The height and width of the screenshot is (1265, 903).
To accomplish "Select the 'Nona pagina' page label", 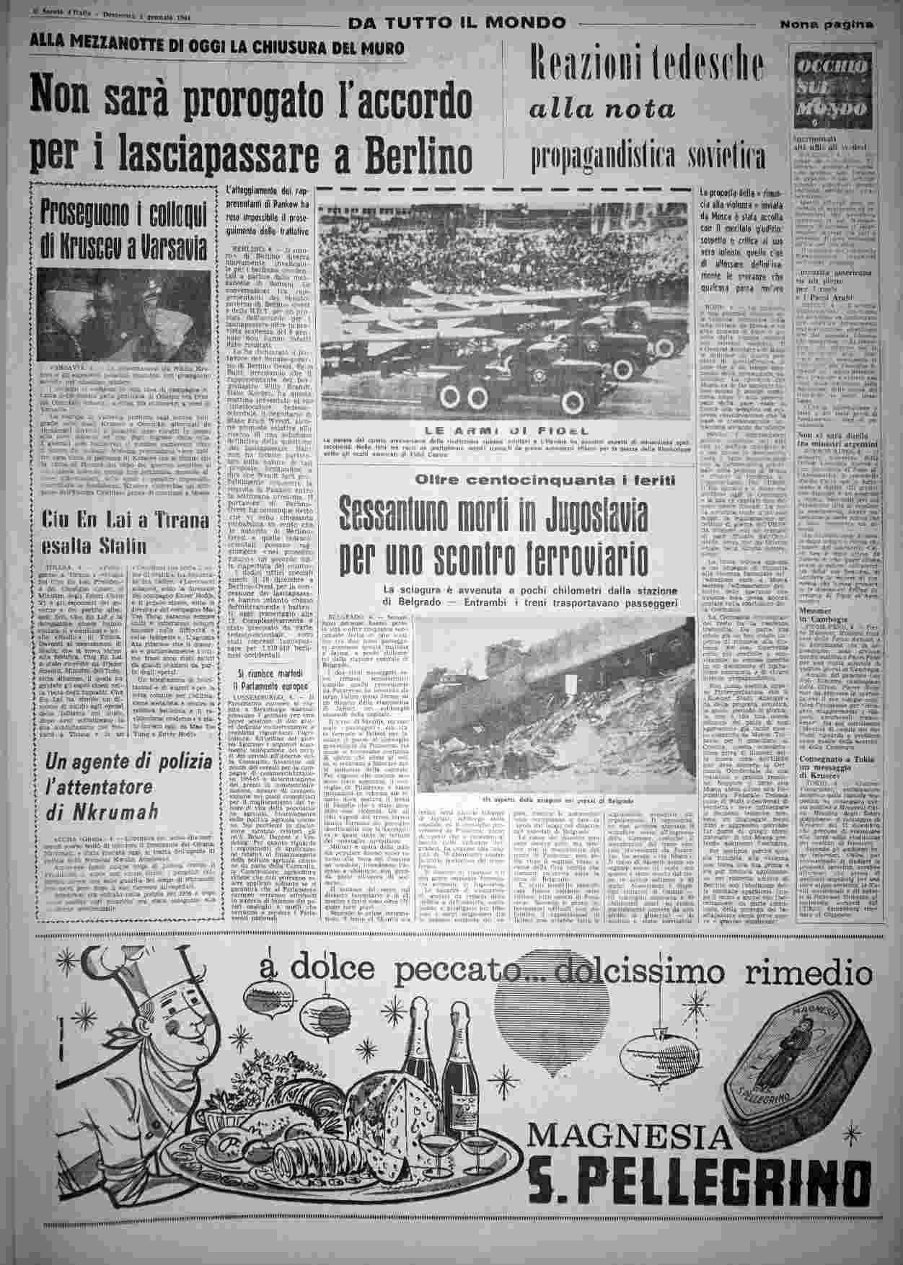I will click(826, 23).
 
